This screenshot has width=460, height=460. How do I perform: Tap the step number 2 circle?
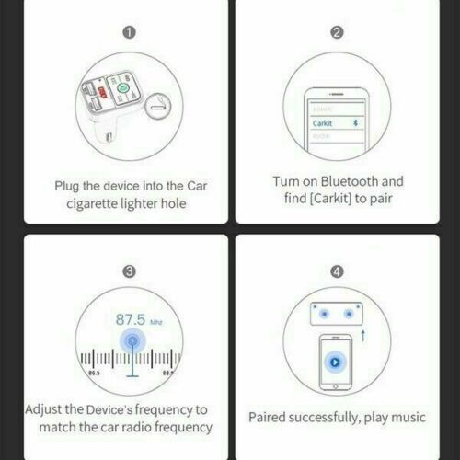click(x=338, y=33)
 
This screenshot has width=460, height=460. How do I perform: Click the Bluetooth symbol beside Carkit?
click(x=359, y=121)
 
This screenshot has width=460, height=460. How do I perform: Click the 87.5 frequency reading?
click(x=131, y=319)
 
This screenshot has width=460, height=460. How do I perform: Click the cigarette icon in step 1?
click(x=163, y=104)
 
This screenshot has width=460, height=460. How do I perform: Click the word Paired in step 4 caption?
click(x=271, y=418)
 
